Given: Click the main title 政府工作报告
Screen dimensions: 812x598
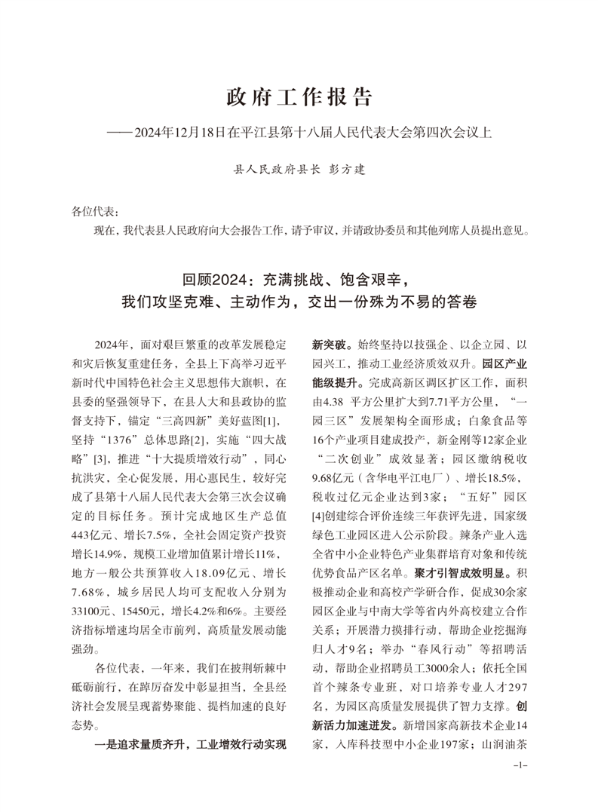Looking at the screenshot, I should point(299,98).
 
